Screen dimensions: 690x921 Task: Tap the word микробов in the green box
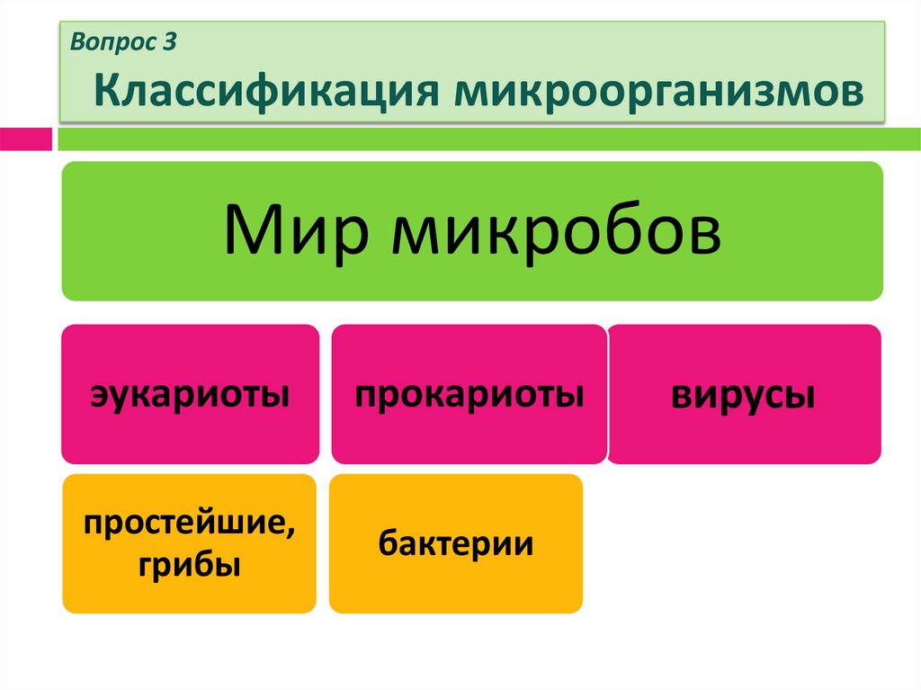(x=556, y=230)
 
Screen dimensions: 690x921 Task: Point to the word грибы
(x=190, y=566)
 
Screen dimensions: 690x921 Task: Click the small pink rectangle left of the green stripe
(x=25, y=139)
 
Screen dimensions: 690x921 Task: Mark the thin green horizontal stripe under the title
(x=486, y=139)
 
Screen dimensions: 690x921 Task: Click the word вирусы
(x=745, y=395)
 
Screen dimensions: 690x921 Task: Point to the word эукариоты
(x=190, y=395)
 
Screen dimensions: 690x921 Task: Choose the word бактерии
(x=455, y=543)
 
